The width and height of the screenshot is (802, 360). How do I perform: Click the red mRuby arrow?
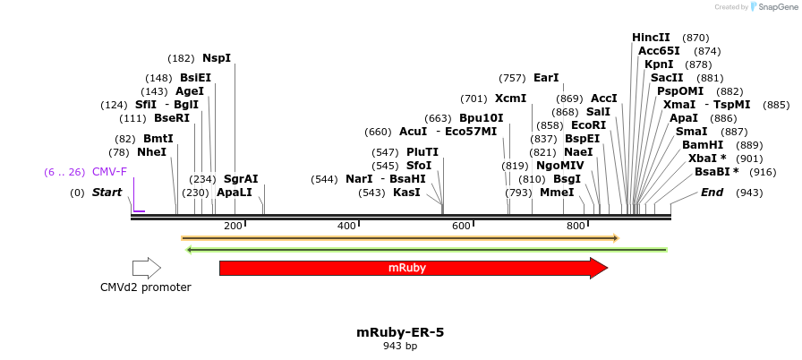(407, 268)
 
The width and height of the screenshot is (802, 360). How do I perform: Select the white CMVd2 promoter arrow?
(146, 268)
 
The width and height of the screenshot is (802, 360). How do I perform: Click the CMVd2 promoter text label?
(146, 287)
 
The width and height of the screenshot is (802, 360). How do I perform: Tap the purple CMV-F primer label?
(109, 172)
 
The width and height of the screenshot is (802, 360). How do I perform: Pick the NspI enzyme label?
(217, 58)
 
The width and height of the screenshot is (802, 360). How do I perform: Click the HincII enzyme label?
(651, 38)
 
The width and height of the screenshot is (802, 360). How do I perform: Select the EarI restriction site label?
(546, 78)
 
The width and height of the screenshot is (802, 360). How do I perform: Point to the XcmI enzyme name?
(510, 99)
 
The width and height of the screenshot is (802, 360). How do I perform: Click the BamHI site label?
(703, 145)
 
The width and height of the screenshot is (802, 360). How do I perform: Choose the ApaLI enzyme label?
(235, 193)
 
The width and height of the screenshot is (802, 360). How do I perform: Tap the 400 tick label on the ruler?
(346, 226)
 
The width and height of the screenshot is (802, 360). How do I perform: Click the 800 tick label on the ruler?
(576, 226)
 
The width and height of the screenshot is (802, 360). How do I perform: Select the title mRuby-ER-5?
(400, 332)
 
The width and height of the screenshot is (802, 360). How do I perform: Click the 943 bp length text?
(400, 346)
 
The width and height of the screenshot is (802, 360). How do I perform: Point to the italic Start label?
(107, 193)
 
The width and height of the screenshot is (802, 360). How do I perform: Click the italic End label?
(712, 193)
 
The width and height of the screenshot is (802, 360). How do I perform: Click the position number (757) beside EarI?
(512, 78)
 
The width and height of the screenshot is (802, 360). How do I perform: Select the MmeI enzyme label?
(557, 193)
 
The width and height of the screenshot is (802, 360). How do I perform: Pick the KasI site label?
(406, 193)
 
